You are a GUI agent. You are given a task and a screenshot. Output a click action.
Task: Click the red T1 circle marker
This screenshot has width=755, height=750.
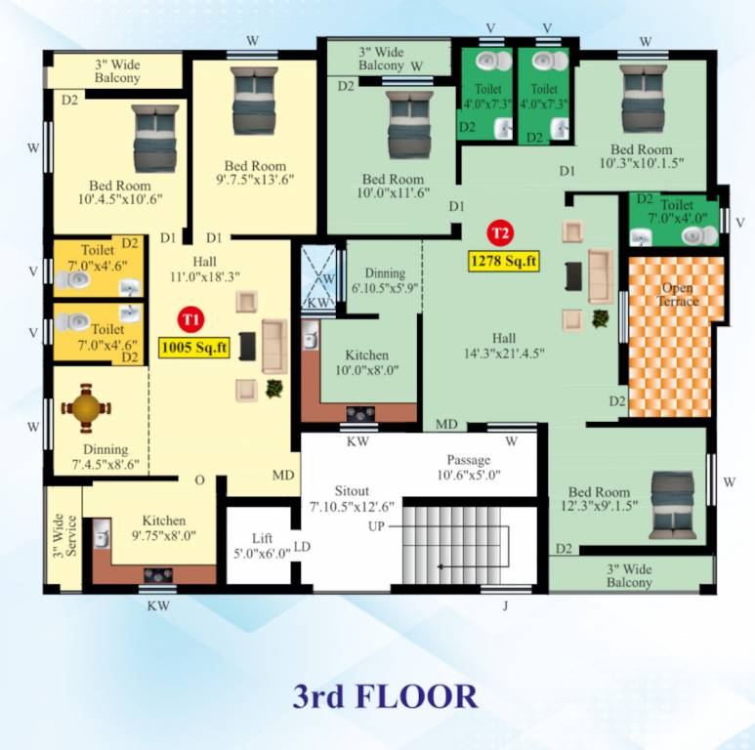click(x=190, y=318)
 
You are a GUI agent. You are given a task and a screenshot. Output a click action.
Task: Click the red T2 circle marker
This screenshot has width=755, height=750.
click(x=500, y=233)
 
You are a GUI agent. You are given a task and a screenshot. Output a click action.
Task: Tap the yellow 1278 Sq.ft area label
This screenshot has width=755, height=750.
click(x=503, y=261)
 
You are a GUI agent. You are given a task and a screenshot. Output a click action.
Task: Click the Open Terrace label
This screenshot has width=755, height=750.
click(x=678, y=295)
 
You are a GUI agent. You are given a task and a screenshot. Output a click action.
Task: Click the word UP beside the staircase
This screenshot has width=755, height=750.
click(x=376, y=526)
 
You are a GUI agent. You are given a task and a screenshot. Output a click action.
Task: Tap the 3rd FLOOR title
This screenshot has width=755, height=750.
click(x=386, y=696)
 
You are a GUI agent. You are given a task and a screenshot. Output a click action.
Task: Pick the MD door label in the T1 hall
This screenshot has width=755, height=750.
click(x=283, y=476)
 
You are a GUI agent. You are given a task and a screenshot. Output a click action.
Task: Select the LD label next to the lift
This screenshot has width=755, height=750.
click(x=302, y=547)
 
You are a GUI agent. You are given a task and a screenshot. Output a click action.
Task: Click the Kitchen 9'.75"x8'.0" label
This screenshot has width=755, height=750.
click(x=163, y=528)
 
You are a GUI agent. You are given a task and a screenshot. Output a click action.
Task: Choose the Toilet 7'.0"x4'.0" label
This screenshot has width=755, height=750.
click(x=677, y=212)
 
